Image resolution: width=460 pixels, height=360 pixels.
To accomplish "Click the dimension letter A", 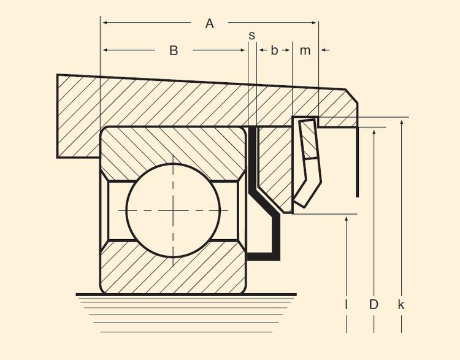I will (x=210, y=24).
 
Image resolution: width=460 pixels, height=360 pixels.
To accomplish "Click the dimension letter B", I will (x=174, y=51).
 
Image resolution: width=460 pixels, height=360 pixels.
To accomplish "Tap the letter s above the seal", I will (x=251, y=35).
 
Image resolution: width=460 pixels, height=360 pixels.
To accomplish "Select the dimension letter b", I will (x=274, y=50).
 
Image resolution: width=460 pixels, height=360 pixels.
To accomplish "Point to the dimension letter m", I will (x=305, y=50).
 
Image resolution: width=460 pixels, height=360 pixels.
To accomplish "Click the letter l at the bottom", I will (x=347, y=304).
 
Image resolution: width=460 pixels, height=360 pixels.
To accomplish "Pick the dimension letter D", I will (x=374, y=304).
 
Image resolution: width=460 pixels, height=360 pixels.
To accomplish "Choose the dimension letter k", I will (x=401, y=304).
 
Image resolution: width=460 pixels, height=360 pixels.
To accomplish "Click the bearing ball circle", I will (x=173, y=210).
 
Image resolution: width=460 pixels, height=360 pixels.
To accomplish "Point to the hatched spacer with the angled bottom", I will (x=274, y=159).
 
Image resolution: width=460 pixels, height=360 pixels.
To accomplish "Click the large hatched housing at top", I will (x=184, y=104).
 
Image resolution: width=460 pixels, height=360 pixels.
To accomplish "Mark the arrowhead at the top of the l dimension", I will (x=347, y=220).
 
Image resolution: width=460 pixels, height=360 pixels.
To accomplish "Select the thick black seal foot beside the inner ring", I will (x=264, y=255).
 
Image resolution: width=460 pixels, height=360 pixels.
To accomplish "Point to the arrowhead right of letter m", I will (x=323, y=50).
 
